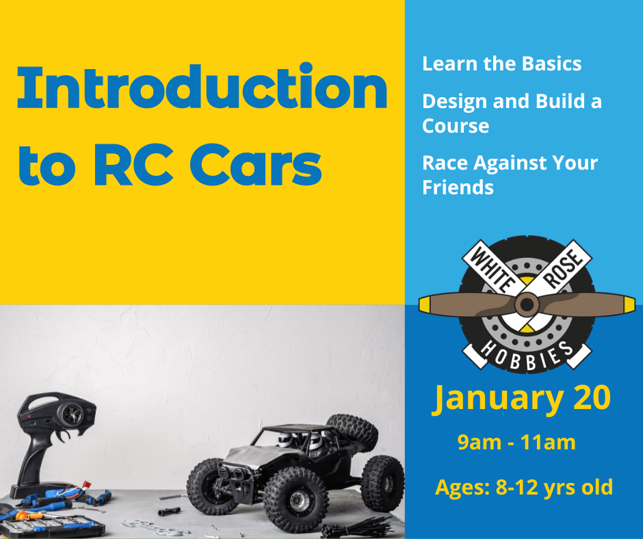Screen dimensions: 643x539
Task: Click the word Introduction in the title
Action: [202, 86]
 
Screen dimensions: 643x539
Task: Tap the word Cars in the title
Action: [256, 165]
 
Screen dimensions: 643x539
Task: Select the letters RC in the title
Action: [133, 165]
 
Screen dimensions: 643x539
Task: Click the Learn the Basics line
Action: [501, 64]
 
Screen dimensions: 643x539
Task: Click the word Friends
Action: [458, 187]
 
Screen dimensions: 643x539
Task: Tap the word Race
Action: [445, 163]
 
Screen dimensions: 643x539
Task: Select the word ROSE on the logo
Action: [562, 268]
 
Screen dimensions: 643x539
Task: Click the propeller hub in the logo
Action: [527, 305]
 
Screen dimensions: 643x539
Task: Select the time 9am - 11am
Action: [516, 443]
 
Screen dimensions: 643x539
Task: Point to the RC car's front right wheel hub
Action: [296, 499]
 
